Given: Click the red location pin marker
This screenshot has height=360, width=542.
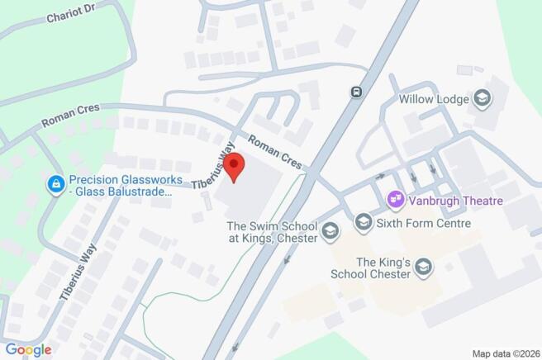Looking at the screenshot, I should pos(235,166).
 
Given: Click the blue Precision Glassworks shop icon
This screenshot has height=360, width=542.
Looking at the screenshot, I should pos(56,184).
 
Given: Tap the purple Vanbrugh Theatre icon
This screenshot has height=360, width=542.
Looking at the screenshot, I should pos(396,199).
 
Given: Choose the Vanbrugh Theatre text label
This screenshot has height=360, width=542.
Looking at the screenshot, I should pos(456,200).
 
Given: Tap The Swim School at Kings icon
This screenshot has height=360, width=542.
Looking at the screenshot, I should pos(330,232).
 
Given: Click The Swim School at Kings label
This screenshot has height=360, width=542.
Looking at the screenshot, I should pos(272,232).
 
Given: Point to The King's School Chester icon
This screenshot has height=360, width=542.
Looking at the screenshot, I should pos(424,267).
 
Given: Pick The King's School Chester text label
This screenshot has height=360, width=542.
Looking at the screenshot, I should pos(383,267).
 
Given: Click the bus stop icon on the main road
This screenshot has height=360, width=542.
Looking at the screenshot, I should pos(356,92).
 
